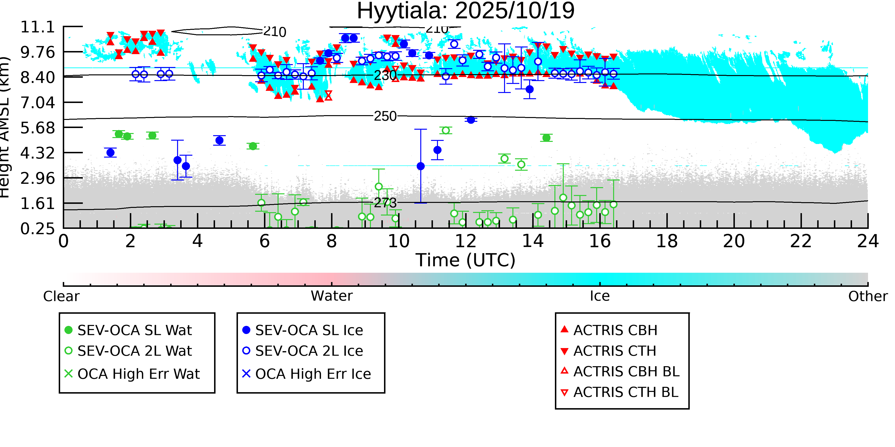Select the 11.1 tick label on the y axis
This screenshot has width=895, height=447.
37,27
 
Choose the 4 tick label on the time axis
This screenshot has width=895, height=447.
197,241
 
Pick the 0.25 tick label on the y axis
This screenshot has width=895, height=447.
37,229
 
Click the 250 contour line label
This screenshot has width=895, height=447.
385,116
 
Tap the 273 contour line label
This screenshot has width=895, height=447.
385,203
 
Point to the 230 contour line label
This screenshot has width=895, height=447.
385,75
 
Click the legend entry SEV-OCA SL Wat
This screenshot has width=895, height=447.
134,330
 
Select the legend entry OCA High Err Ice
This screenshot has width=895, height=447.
313,374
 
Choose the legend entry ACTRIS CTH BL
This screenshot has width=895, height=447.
625,392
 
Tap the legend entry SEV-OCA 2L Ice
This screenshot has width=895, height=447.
309,351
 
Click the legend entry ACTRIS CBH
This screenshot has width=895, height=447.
615,330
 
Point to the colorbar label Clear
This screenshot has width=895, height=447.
61,296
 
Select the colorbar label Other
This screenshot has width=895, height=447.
868,296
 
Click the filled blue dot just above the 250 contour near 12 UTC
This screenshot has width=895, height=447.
471,120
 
